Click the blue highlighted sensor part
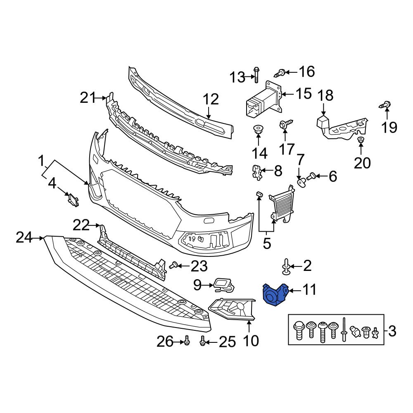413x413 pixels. (x=274, y=295)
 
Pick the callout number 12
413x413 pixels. (x=211, y=100)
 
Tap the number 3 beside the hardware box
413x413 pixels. (x=392, y=330)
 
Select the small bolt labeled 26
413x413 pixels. (x=186, y=341)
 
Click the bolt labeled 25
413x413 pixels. (x=202, y=341)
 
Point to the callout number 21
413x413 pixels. (x=87, y=98)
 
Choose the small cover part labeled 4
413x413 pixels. (x=74, y=199)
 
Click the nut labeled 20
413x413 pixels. (x=360, y=140)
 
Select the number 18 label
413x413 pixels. (x=325, y=96)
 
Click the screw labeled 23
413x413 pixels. (x=174, y=265)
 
